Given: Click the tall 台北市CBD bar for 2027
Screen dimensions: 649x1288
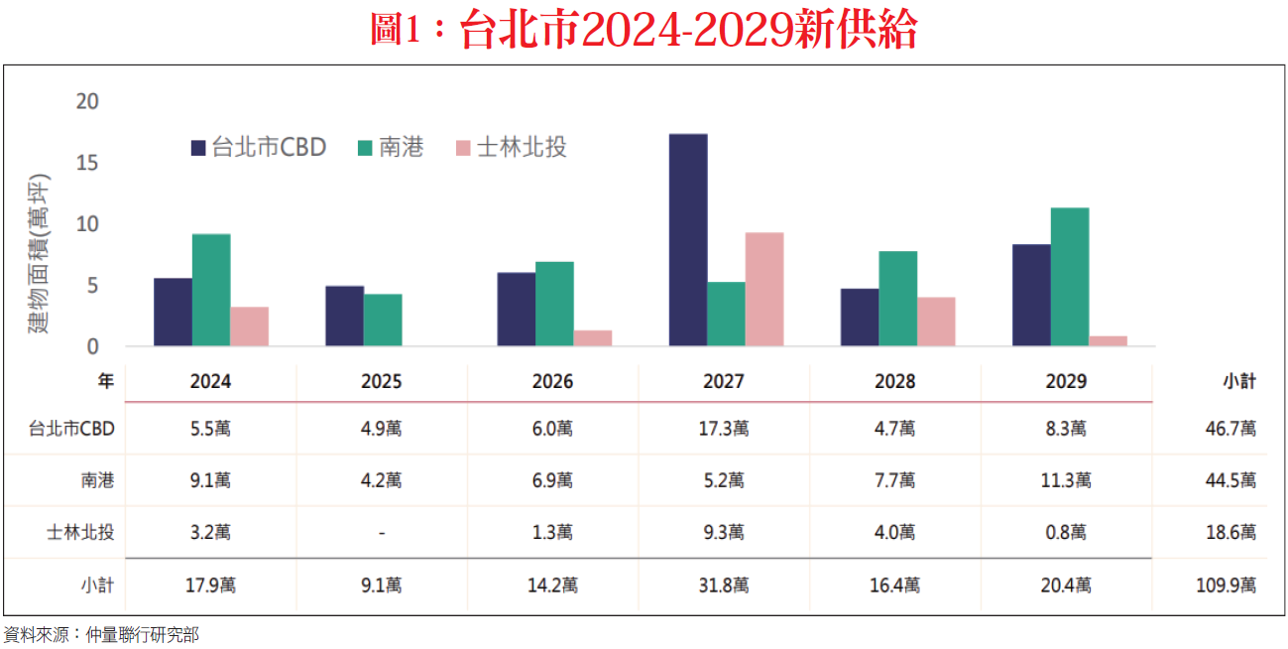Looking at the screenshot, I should click(688, 240).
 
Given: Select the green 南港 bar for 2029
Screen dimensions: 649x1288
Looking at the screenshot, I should click(1070, 277).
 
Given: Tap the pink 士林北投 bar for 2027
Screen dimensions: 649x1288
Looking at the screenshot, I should click(764, 289).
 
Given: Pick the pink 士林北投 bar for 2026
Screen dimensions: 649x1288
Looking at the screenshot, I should click(593, 338).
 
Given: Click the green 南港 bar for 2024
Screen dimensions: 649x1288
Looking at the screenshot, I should click(211, 290).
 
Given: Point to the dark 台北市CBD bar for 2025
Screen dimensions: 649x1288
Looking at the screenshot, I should click(344, 316).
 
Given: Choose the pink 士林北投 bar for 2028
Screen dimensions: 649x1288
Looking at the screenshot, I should click(936, 322).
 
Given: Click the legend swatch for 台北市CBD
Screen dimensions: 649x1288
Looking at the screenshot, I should click(198, 149).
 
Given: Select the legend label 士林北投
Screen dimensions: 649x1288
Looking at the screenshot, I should click(522, 148).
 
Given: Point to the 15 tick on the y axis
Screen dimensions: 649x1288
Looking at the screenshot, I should click(87, 163).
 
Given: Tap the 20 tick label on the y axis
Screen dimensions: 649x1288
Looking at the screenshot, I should click(87, 101).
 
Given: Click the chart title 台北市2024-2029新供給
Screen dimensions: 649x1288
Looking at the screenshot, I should click(644, 31).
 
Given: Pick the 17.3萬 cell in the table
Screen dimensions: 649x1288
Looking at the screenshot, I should click(725, 429).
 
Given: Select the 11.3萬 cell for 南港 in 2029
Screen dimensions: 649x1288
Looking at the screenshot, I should click(1067, 481).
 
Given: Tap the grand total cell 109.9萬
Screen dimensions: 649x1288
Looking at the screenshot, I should click(1226, 585).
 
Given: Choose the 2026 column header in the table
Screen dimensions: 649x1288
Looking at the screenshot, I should click(552, 382).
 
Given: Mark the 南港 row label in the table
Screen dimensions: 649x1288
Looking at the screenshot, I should click(97, 481).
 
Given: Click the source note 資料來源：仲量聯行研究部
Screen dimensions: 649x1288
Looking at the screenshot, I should click(101, 634).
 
